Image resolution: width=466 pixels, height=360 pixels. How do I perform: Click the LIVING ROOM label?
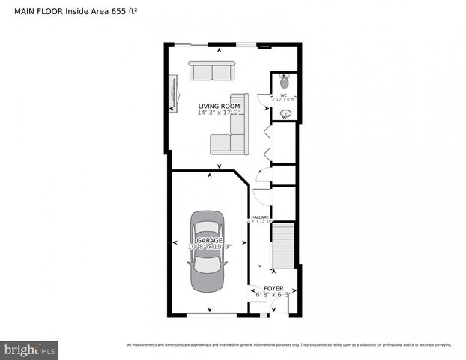tap(219, 106)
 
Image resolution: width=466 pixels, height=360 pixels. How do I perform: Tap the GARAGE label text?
tap(210, 240)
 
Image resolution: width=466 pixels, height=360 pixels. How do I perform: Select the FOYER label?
tap(273, 287)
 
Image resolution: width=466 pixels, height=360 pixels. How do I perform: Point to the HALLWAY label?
tap(259, 217)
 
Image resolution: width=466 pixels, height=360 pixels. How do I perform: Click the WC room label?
tap(284, 95)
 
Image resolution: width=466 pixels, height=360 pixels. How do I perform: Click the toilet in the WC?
tap(285, 78)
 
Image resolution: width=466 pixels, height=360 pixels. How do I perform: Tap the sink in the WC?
tap(285, 114)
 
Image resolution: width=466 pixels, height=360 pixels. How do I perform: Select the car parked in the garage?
tap(207, 250)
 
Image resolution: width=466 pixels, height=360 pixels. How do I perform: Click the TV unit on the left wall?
tap(174, 93)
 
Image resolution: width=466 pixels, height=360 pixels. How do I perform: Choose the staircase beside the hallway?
tap(282, 244)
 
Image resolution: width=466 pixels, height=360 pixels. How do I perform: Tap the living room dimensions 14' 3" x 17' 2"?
tap(219, 114)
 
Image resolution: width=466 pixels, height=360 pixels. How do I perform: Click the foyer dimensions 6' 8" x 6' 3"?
tap(272, 294)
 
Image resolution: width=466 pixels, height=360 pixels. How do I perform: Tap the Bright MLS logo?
tap(30, 349)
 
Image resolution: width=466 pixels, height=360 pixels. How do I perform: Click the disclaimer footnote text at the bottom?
tap(289, 345)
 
